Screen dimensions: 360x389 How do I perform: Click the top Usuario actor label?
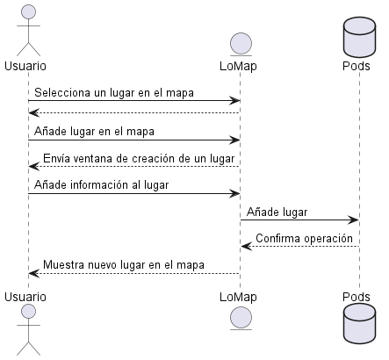[x=25, y=66]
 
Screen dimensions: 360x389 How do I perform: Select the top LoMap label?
[x=240, y=66]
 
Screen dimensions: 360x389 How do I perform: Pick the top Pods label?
[x=358, y=66]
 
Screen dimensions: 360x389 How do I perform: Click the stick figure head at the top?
[x=27, y=11]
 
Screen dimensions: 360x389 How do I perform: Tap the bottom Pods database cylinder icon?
[x=358, y=332]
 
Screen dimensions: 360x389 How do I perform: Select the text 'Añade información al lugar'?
[x=102, y=184]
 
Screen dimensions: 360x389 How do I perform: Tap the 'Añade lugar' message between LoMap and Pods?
[x=277, y=212]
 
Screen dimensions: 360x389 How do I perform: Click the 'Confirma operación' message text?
[x=304, y=238]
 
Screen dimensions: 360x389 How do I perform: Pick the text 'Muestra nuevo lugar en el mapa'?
[x=123, y=264]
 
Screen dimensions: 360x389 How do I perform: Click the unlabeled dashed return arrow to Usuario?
[x=132, y=113]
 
